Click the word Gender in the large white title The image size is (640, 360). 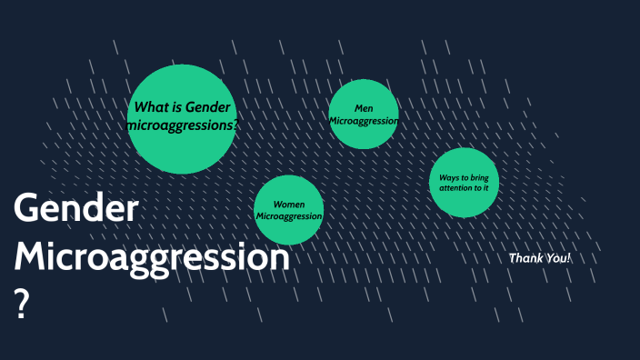coord(76,210)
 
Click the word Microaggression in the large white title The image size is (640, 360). coord(152,257)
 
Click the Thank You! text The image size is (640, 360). coord(540,258)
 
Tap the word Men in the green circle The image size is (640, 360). coord(365,109)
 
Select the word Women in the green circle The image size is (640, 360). coord(289,205)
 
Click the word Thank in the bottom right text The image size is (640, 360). coord(525,258)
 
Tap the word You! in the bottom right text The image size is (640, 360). coord(557,258)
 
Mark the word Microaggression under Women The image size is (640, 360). coord(289,216)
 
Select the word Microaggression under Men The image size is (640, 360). coord(364,121)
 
